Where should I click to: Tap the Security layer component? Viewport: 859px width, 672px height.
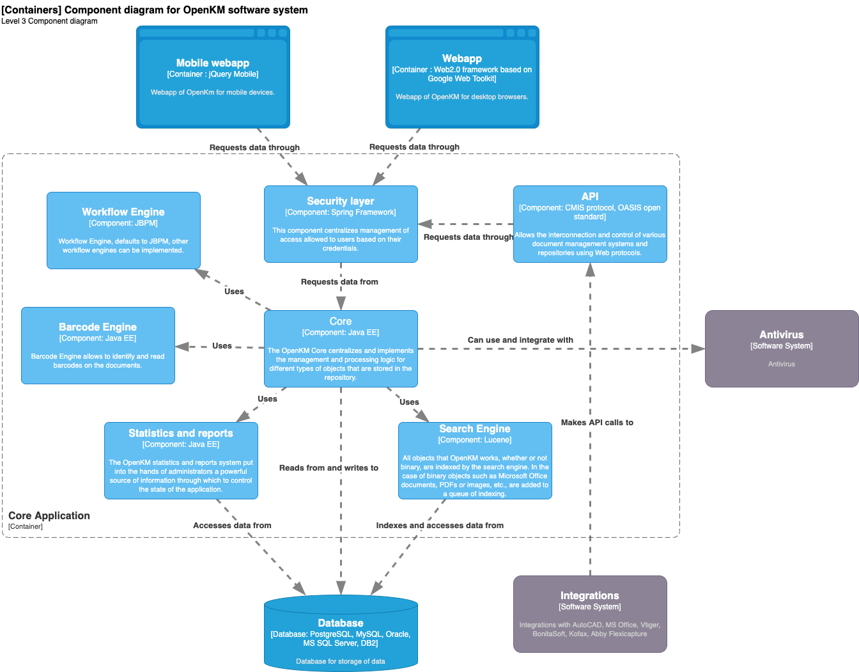point(341,224)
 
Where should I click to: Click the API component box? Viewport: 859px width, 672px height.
point(590,224)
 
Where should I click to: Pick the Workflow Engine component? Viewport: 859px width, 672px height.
point(123,230)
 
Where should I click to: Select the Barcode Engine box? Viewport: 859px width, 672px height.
point(98,345)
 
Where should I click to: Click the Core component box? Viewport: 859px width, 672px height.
point(341,348)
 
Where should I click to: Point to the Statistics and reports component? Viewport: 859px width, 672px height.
point(181,460)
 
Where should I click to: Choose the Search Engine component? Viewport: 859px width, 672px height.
point(475,460)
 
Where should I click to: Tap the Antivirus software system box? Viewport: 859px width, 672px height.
point(782,348)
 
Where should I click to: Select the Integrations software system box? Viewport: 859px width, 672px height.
point(590,614)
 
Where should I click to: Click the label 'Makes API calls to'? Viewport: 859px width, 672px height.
point(597,423)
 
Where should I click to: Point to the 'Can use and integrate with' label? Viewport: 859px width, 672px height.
point(520,340)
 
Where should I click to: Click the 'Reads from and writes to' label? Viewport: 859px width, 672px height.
point(329,468)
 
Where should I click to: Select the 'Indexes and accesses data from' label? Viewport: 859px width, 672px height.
point(440,526)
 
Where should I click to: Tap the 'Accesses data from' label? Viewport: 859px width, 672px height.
point(232,526)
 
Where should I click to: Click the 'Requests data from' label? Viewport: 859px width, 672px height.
point(339,282)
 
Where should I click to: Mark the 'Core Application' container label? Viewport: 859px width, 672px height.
point(49,516)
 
